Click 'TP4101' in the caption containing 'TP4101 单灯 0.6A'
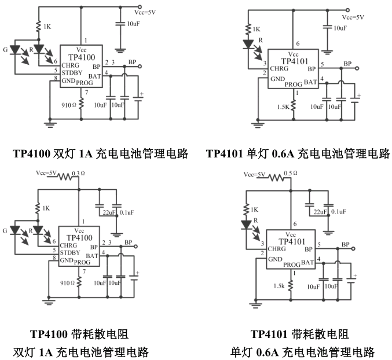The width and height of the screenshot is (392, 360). (x=226, y=153)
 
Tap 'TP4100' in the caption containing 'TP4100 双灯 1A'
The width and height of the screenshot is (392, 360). (x=32, y=153)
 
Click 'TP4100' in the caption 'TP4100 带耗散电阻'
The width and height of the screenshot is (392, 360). (x=50, y=334)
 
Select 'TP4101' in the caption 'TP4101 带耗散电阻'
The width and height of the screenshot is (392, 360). (x=270, y=334)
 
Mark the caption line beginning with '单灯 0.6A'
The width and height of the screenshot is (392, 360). (x=302, y=351)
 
